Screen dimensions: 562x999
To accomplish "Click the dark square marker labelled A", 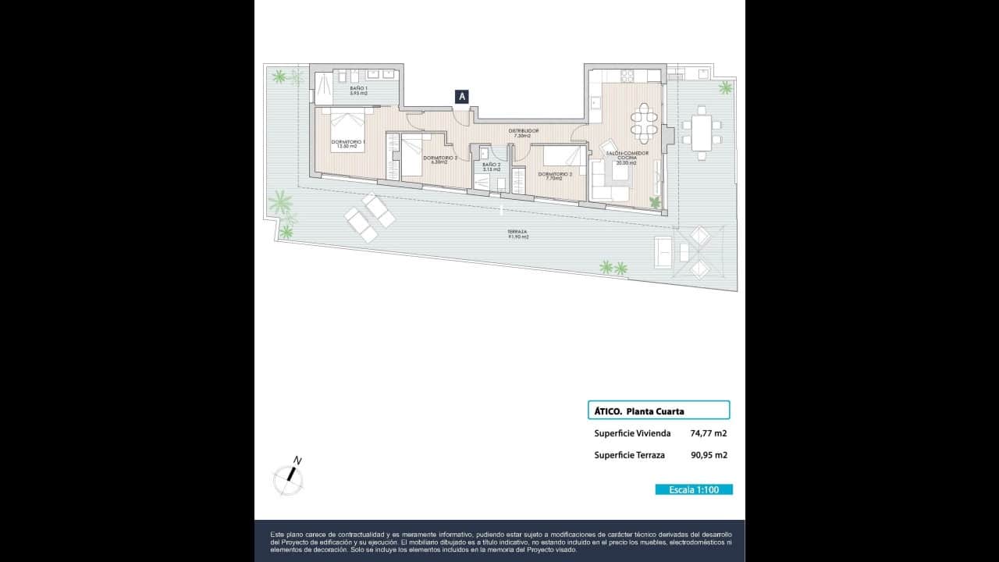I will pyautogui.click(x=462, y=96).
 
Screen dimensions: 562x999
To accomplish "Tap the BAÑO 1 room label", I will pyautogui.click(x=358, y=91).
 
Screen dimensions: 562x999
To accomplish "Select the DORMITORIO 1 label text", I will pyautogui.click(x=347, y=144).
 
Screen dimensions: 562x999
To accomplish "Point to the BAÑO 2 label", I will pyautogui.click(x=491, y=167).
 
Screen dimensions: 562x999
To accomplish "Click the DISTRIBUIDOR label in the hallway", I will pyautogui.click(x=523, y=133).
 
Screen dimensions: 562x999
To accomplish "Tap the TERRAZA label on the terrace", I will pyautogui.click(x=517, y=233).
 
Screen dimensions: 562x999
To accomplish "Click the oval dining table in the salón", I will pyautogui.click(x=645, y=123).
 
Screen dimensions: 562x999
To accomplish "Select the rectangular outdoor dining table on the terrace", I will pyautogui.click(x=702, y=133).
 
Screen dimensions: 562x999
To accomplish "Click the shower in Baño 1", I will pyautogui.click(x=322, y=88).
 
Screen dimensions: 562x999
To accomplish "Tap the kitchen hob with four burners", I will pyautogui.click(x=628, y=76).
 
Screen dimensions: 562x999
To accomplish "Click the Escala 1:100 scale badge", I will pyautogui.click(x=693, y=489).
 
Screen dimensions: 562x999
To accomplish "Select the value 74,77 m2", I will pyautogui.click(x=709, y=433).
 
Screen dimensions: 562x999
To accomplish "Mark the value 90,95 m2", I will pyautogui.click(x=709, y=455).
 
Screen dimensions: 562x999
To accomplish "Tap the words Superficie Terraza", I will pyautogui.click(x=629, y=455).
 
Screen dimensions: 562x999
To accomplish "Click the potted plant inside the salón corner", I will pyautogui.click(x=655, y=202).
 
